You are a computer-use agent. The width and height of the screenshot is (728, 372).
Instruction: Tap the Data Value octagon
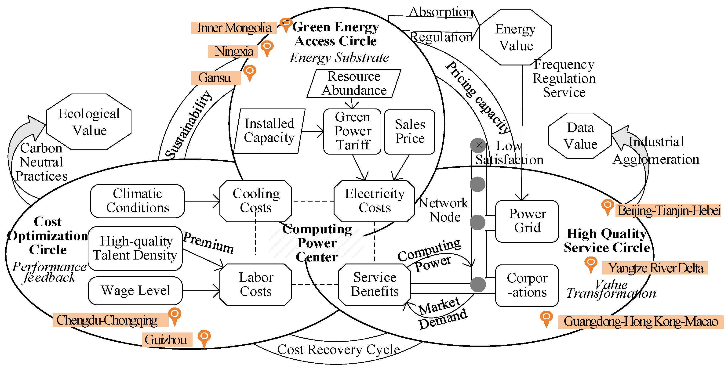(x=580, y=136)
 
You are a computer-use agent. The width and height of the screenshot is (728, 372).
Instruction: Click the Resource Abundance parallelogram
(x=354, y=84)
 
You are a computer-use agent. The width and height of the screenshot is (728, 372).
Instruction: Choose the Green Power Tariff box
(x=352, y=131)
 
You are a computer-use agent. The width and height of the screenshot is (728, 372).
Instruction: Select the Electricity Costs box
(x=375, y=201)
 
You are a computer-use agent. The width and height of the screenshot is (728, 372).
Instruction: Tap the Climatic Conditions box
(x=137, y=201)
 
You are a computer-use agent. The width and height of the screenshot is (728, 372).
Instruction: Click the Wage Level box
(x=135, y=290)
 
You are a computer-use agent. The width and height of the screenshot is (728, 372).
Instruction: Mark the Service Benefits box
(x=375, y=285)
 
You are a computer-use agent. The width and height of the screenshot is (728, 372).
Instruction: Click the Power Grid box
(x=527, y=221)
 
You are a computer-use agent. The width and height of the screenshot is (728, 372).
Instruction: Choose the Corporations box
(x=527, y=285)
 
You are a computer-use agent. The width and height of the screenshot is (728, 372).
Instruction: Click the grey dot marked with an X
(x=478, y=145)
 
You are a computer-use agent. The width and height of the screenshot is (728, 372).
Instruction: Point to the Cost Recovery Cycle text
(x=338, y=350)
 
